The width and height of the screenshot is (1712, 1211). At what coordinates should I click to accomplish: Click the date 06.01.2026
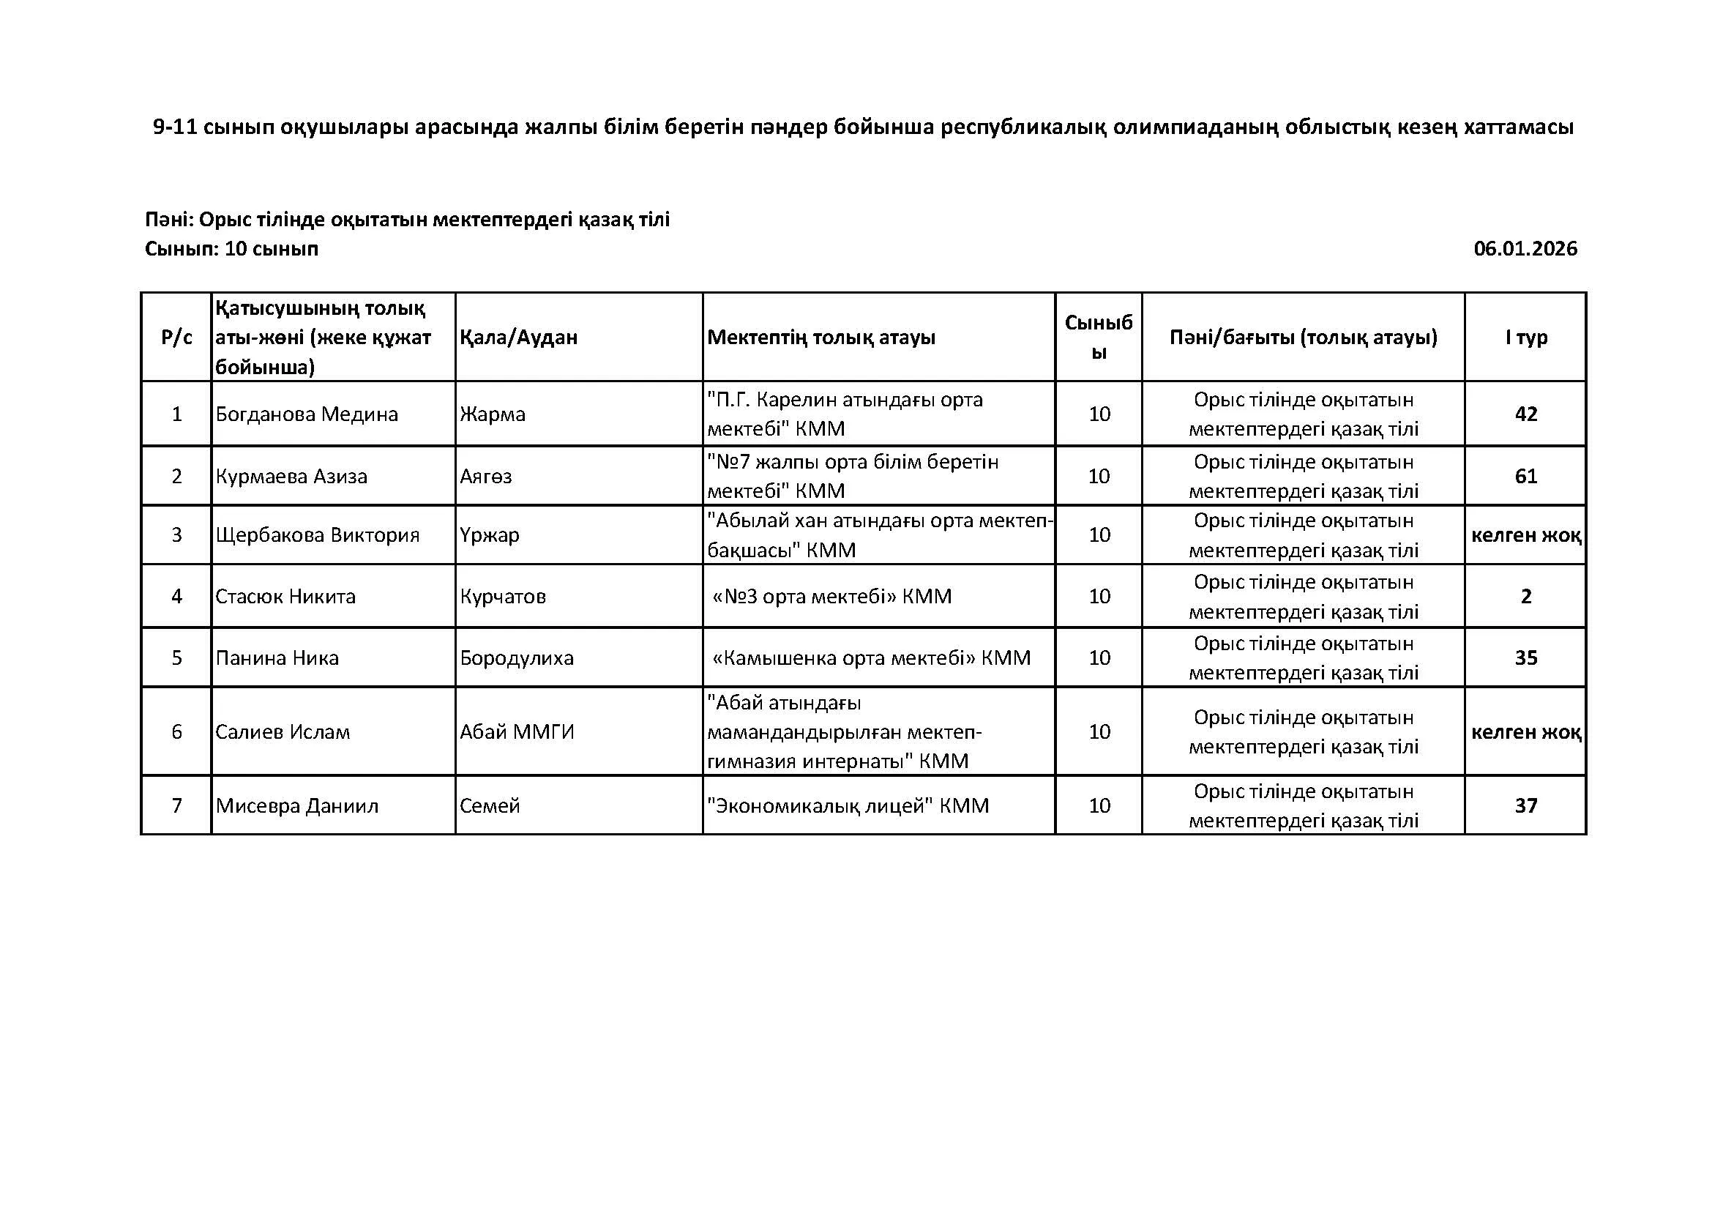click(1525, 248)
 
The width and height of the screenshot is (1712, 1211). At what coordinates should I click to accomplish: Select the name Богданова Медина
click(307, 414)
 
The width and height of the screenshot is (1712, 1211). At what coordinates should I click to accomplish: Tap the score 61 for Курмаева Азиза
click(1525, 476)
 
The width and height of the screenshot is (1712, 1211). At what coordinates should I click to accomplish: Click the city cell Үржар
click(489, 534)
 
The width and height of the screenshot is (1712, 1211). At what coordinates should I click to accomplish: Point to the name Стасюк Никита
click(285, 596)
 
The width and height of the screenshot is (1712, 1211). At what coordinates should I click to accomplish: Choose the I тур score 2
click(1525, 596)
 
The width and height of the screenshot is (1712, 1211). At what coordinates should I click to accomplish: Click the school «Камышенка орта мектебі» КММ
click(871, 657)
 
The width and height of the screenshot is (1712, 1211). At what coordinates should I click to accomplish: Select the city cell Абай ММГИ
click(517, 731)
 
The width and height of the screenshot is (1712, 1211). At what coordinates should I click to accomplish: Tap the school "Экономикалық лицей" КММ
click(848, 805)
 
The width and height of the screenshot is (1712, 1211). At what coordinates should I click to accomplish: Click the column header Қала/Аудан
click(518, 337)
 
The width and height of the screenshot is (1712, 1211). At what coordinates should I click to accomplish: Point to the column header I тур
click(1525, 337)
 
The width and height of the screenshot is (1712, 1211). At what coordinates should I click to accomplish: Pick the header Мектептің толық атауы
click(821, 337)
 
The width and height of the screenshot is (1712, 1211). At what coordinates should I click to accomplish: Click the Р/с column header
click(176, 337)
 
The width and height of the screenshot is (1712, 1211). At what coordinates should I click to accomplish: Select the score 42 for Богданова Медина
click(1525, 414)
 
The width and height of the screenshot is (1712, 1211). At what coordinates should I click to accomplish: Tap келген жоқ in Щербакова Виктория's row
click(1525, 534)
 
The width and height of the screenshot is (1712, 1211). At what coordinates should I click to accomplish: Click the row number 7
click(176, 805)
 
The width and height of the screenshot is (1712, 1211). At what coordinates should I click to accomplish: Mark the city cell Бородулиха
click(517, 657)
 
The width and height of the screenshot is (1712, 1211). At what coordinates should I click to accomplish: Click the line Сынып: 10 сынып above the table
click(231, 248)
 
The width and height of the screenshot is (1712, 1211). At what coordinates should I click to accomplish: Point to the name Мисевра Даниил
click(296, 805)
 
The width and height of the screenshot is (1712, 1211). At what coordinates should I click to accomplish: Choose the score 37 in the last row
click(1525, 805)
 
